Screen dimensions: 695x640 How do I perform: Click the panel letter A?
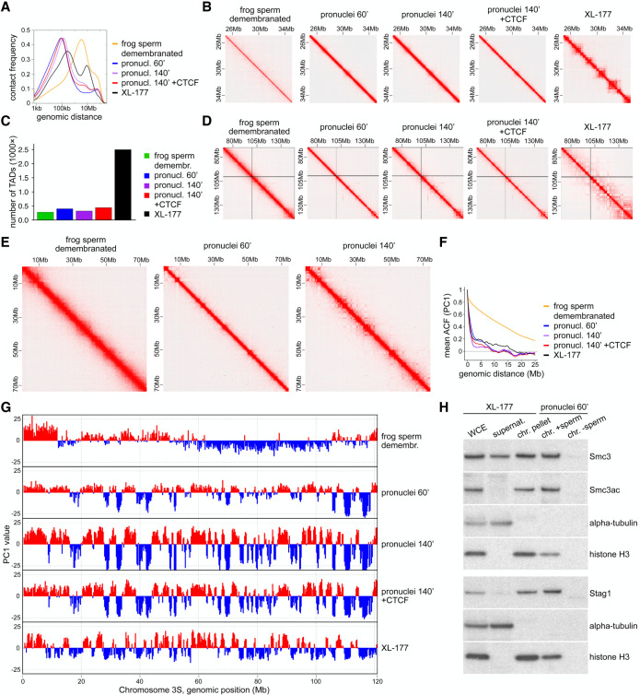7,7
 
